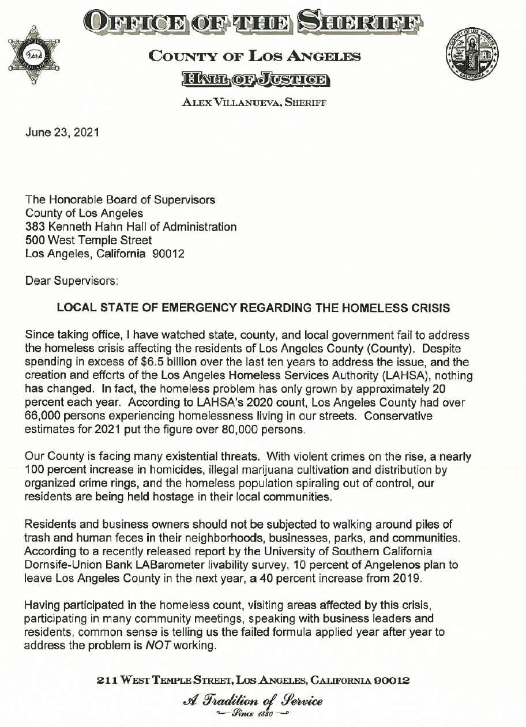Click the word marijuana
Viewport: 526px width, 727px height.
pyautogui.click(x=265, y=469)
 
